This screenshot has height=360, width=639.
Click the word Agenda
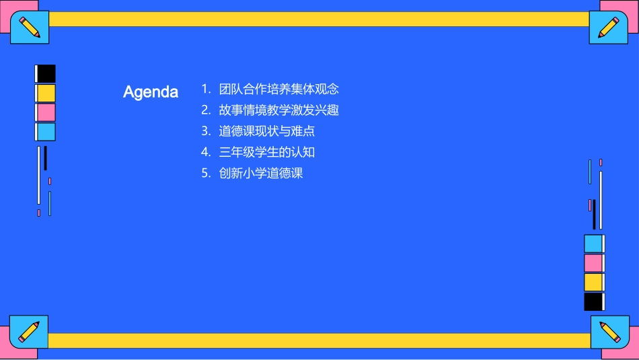tap(151, 92)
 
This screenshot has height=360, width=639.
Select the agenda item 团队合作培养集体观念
tap(278, 89)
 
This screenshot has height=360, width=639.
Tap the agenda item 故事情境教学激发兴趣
tap(278, 110)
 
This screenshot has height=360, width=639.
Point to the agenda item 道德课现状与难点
tap(266, 131)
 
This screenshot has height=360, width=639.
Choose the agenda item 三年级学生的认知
tap(266, 152)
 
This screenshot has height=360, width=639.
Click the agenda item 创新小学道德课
tap(261, 173)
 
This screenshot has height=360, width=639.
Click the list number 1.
tap(205, 89)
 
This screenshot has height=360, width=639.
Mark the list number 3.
tap(205, 131)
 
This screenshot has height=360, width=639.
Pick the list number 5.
tap(205, 173)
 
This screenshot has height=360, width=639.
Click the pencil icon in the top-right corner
tap(609, 27)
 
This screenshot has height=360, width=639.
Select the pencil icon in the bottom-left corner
tap(29, 331)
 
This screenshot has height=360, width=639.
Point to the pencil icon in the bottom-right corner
tap(609, 332)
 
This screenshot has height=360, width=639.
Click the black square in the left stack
tap(46, 73)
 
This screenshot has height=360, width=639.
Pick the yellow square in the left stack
tap(46, 93)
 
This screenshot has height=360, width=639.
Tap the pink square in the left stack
tap(46, 112)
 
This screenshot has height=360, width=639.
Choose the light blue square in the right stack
tap(593, 244)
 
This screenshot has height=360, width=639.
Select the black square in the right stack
tap(593, 301)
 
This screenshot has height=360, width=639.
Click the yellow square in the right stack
tap(593, 282)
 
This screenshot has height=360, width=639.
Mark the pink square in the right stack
tap(593, 263)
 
